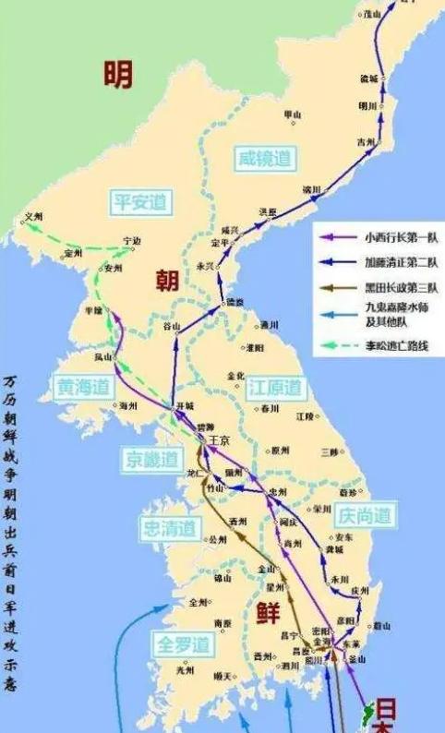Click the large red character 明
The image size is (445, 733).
click(118, 74)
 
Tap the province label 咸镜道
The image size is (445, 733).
click(263, 158)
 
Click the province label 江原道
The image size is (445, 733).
click(274, 388)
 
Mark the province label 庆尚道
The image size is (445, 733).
click(364, 514)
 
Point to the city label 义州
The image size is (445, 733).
click(34, 216)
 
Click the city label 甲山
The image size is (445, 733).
click(292, 114)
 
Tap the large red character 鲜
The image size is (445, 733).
click(268, 612)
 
